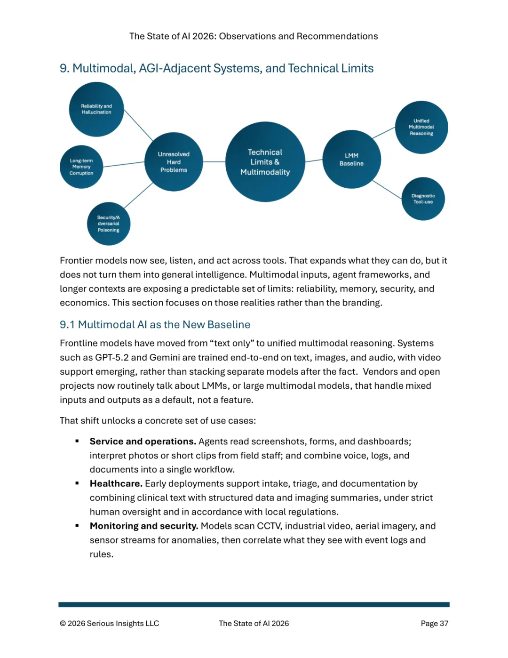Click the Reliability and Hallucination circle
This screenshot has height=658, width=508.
(96, 109)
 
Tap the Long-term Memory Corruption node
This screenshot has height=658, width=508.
(81, 167)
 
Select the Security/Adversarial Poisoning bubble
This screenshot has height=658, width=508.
(109, 224)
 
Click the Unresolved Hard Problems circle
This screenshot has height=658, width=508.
(174, 162)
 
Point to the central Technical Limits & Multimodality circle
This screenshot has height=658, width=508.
(265, 162)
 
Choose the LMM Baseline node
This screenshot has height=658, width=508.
(351, 160)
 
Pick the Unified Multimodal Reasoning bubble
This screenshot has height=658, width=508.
(421, 127)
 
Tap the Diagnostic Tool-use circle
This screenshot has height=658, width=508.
(423, 199)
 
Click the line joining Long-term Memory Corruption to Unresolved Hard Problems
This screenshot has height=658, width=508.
(124, 164)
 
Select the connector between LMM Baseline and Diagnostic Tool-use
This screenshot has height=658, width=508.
(386, 189)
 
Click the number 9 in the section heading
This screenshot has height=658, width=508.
(64, 69)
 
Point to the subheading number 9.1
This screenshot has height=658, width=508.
(67, 325)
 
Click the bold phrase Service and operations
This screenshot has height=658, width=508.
(143, 441)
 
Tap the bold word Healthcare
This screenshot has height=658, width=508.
(116, 484)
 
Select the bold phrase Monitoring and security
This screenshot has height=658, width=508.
(144, 526)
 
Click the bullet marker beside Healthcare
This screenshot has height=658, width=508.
(77, 483)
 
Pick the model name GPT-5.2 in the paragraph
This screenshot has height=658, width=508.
(112, 358)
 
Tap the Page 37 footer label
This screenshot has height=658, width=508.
(434, 624)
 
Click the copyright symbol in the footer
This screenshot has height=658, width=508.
(63, 624)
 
